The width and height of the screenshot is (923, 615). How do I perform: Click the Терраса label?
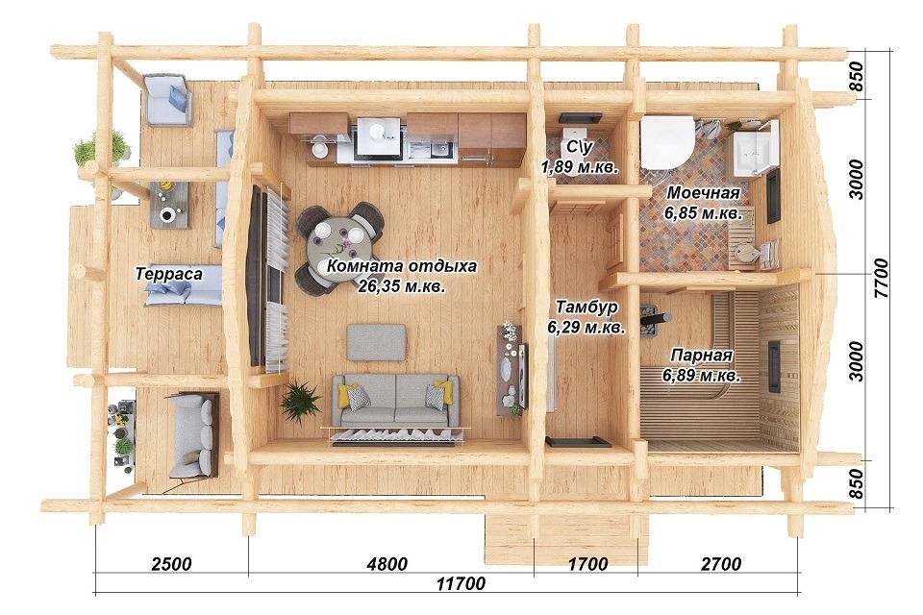[169, 274]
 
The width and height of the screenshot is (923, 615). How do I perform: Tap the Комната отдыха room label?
[402, 266]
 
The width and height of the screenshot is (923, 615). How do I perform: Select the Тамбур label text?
[586, 307]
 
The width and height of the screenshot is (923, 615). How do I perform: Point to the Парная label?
[702, 356]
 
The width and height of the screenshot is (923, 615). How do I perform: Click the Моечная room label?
[704, 193]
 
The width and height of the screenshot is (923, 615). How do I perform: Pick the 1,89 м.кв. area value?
[581, 167]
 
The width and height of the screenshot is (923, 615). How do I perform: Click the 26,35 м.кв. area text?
[402, 286]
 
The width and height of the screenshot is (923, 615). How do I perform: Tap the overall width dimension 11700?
[461, 583]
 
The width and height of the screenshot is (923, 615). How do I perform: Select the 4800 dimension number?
[387, 564]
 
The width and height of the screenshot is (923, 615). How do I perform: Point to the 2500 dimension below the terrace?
[171, 564]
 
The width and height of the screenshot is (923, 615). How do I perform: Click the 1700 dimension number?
[587, 564]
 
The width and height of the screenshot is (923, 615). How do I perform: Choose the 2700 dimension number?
[721, 564]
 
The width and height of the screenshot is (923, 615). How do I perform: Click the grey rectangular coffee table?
[376, 342]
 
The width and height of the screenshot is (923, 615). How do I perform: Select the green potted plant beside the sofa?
[301, 401]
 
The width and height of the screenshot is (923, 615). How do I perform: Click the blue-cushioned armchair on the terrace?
[168, 100]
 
